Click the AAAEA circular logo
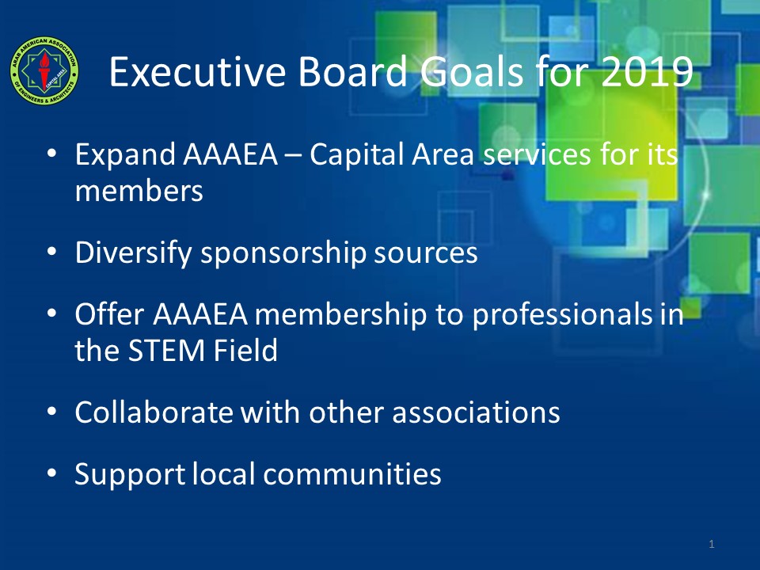coord(44,70)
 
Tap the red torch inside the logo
coord(44,70)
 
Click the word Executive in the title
coord(198,71)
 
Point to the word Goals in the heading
coord(471,72)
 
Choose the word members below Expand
coord(139,191)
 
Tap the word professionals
coord(562,315)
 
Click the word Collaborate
coord(154,412)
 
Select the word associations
coord(476,412)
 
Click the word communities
coord(352,474)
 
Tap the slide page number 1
coord(712,545)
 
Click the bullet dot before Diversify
coord(52,252)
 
